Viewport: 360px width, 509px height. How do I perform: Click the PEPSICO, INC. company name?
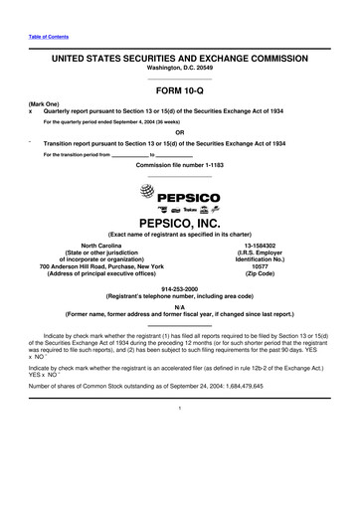[180, 225]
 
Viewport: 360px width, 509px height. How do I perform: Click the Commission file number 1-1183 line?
[180, 163]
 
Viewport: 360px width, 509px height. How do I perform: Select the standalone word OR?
[180, 133]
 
